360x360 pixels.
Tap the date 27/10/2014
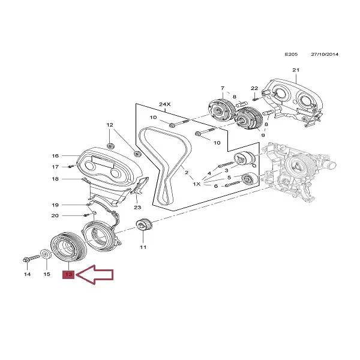[325, 55]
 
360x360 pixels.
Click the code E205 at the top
[290, 55]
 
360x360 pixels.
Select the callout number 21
[295, 71]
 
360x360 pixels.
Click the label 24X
[164, 104]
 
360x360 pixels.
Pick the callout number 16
[55, 155]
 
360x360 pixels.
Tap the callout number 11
[143, 247]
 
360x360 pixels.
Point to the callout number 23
[137, 208]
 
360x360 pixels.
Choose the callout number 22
[254, 88]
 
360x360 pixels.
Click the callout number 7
[222, 88]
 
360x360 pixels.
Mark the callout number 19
[55, 205]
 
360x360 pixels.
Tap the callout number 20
[55, 215]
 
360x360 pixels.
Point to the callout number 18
[55, 179]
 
